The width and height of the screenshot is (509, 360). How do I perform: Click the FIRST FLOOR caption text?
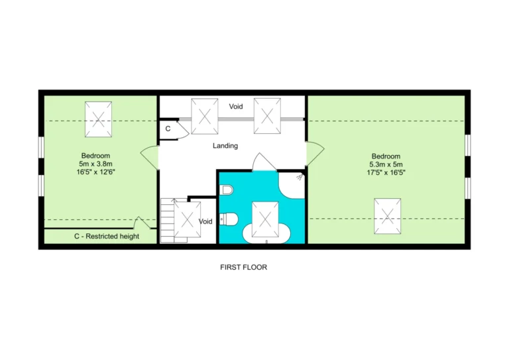point(243,267)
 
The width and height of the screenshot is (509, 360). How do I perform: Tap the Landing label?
point(225,146)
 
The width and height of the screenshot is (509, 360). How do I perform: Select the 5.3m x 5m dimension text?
point(386,164)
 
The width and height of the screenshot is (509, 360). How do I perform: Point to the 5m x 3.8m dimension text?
point(95,164)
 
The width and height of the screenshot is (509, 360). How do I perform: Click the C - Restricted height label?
point(107,236)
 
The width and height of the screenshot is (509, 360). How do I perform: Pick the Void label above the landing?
point(236,107)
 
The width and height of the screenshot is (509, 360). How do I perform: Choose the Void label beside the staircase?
point(205,221)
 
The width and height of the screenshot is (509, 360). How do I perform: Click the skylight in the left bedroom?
point(98,119)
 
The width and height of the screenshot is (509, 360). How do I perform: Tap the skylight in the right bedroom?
point(387,216)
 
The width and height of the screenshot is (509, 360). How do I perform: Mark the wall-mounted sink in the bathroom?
point(226,190)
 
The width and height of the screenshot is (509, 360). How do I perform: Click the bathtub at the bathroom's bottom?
point(266,233)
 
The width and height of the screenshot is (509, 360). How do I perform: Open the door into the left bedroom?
point(149,157)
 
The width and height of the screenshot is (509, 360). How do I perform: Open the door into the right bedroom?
point(315,154)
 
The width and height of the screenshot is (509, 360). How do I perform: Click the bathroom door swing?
point(264,162)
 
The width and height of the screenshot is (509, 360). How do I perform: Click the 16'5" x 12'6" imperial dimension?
point(95,172)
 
